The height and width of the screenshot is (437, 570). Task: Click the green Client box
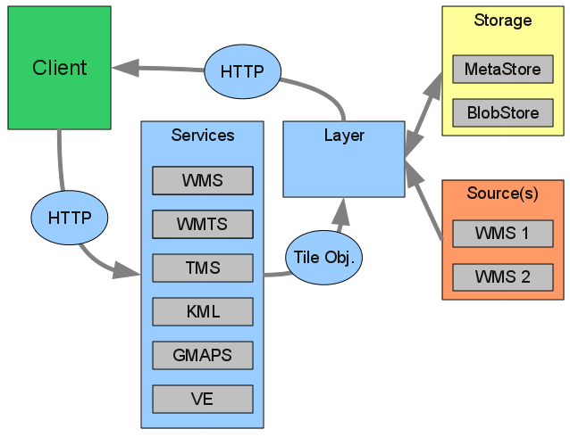coord(59,68)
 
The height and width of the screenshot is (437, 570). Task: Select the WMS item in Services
coord(203,180)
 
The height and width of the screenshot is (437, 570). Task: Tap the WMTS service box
coord(203,224)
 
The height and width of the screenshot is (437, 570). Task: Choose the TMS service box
coord(203,268)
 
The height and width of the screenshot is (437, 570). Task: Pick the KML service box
coord(203,311)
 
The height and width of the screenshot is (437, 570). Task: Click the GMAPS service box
coord(203,355)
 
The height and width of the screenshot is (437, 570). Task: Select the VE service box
coord(203,399)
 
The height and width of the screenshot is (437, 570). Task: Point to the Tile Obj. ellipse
coord(323,258)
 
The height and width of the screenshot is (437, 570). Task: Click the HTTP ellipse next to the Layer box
coord(242,71)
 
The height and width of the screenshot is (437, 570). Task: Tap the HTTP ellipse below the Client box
coord(69,218)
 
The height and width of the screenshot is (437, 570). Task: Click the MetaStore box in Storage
coord(502,70)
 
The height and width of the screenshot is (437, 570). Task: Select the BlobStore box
coord(502,113)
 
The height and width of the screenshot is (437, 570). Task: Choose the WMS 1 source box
coord(502,234)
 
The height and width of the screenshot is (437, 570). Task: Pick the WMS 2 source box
coord(502,277)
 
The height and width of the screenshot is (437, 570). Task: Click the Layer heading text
coord(344,136)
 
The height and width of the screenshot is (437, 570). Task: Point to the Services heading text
coord(203,136)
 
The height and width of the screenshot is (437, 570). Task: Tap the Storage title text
coord(502,21)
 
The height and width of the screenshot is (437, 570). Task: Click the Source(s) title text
coord(502,194)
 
